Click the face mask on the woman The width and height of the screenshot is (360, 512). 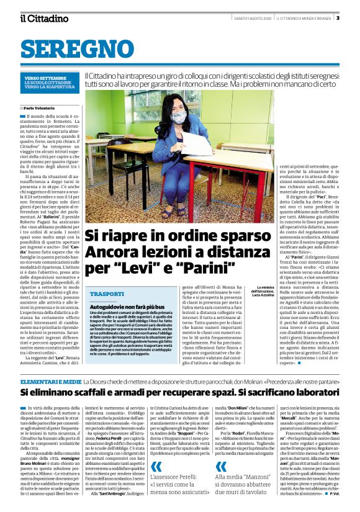179,117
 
